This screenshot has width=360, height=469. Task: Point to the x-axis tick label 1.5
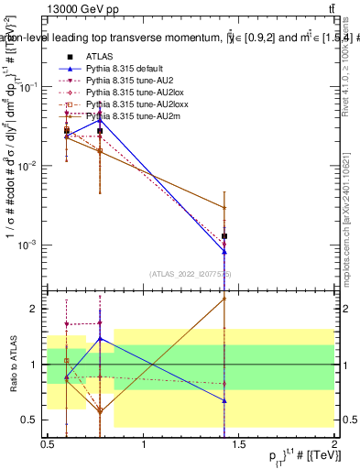238,444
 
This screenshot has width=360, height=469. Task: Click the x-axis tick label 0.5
48,444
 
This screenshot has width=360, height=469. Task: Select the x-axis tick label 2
333,444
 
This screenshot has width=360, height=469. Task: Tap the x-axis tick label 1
143,444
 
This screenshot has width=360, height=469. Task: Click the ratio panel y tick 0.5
30,420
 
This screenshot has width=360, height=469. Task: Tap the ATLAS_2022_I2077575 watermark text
190,273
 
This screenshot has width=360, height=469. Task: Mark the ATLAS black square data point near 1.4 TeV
224,236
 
